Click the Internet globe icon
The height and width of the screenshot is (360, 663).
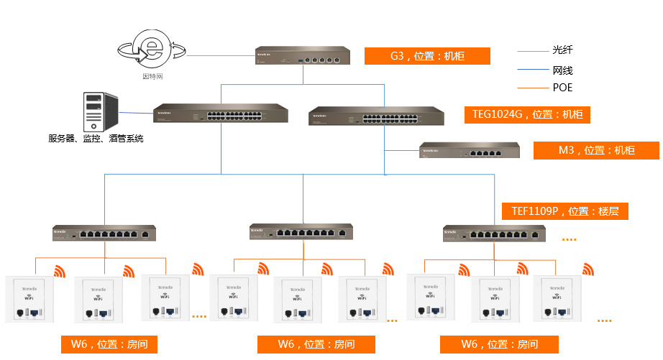tap(152, 50)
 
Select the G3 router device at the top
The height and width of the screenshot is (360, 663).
tap(303, 56)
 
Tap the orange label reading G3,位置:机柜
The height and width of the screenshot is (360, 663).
tap(427, 56)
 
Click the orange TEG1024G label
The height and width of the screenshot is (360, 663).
tap(528, 114)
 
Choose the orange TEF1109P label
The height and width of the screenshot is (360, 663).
tap(564, 211)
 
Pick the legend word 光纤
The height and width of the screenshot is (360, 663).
tap(562, 50)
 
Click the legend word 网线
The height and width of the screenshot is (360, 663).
tap(562, 70)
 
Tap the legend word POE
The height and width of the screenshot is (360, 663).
tap(562, 88)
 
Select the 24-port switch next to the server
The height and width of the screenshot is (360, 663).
tap(221, 114)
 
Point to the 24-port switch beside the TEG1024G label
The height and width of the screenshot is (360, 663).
tap(376, 116)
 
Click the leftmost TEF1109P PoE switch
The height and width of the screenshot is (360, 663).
tap(104, 233)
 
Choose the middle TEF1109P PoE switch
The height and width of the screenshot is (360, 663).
tap(302, 232)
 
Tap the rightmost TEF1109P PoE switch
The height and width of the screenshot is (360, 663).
tap(494, 234)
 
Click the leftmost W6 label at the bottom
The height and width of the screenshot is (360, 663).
tap(109, 345)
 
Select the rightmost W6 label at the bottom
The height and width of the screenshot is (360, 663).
tap(500, 345)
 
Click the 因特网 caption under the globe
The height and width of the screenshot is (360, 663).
tap(152, 75)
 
